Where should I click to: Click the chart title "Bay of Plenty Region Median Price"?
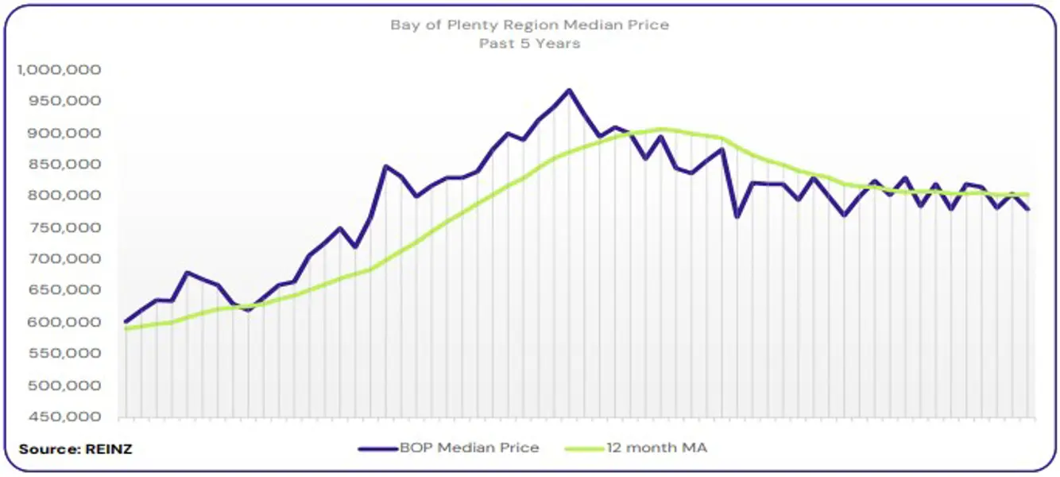(x=529, y=25)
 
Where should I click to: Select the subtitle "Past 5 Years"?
(x=529, y=44)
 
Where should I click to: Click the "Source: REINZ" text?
(x=76, y=449)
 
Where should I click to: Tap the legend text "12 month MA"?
(x=657, y=448)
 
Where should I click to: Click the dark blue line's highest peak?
(x=568, y=90)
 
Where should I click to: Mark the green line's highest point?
(x=661, y=129)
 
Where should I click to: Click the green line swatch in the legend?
(x=584, y=448)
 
